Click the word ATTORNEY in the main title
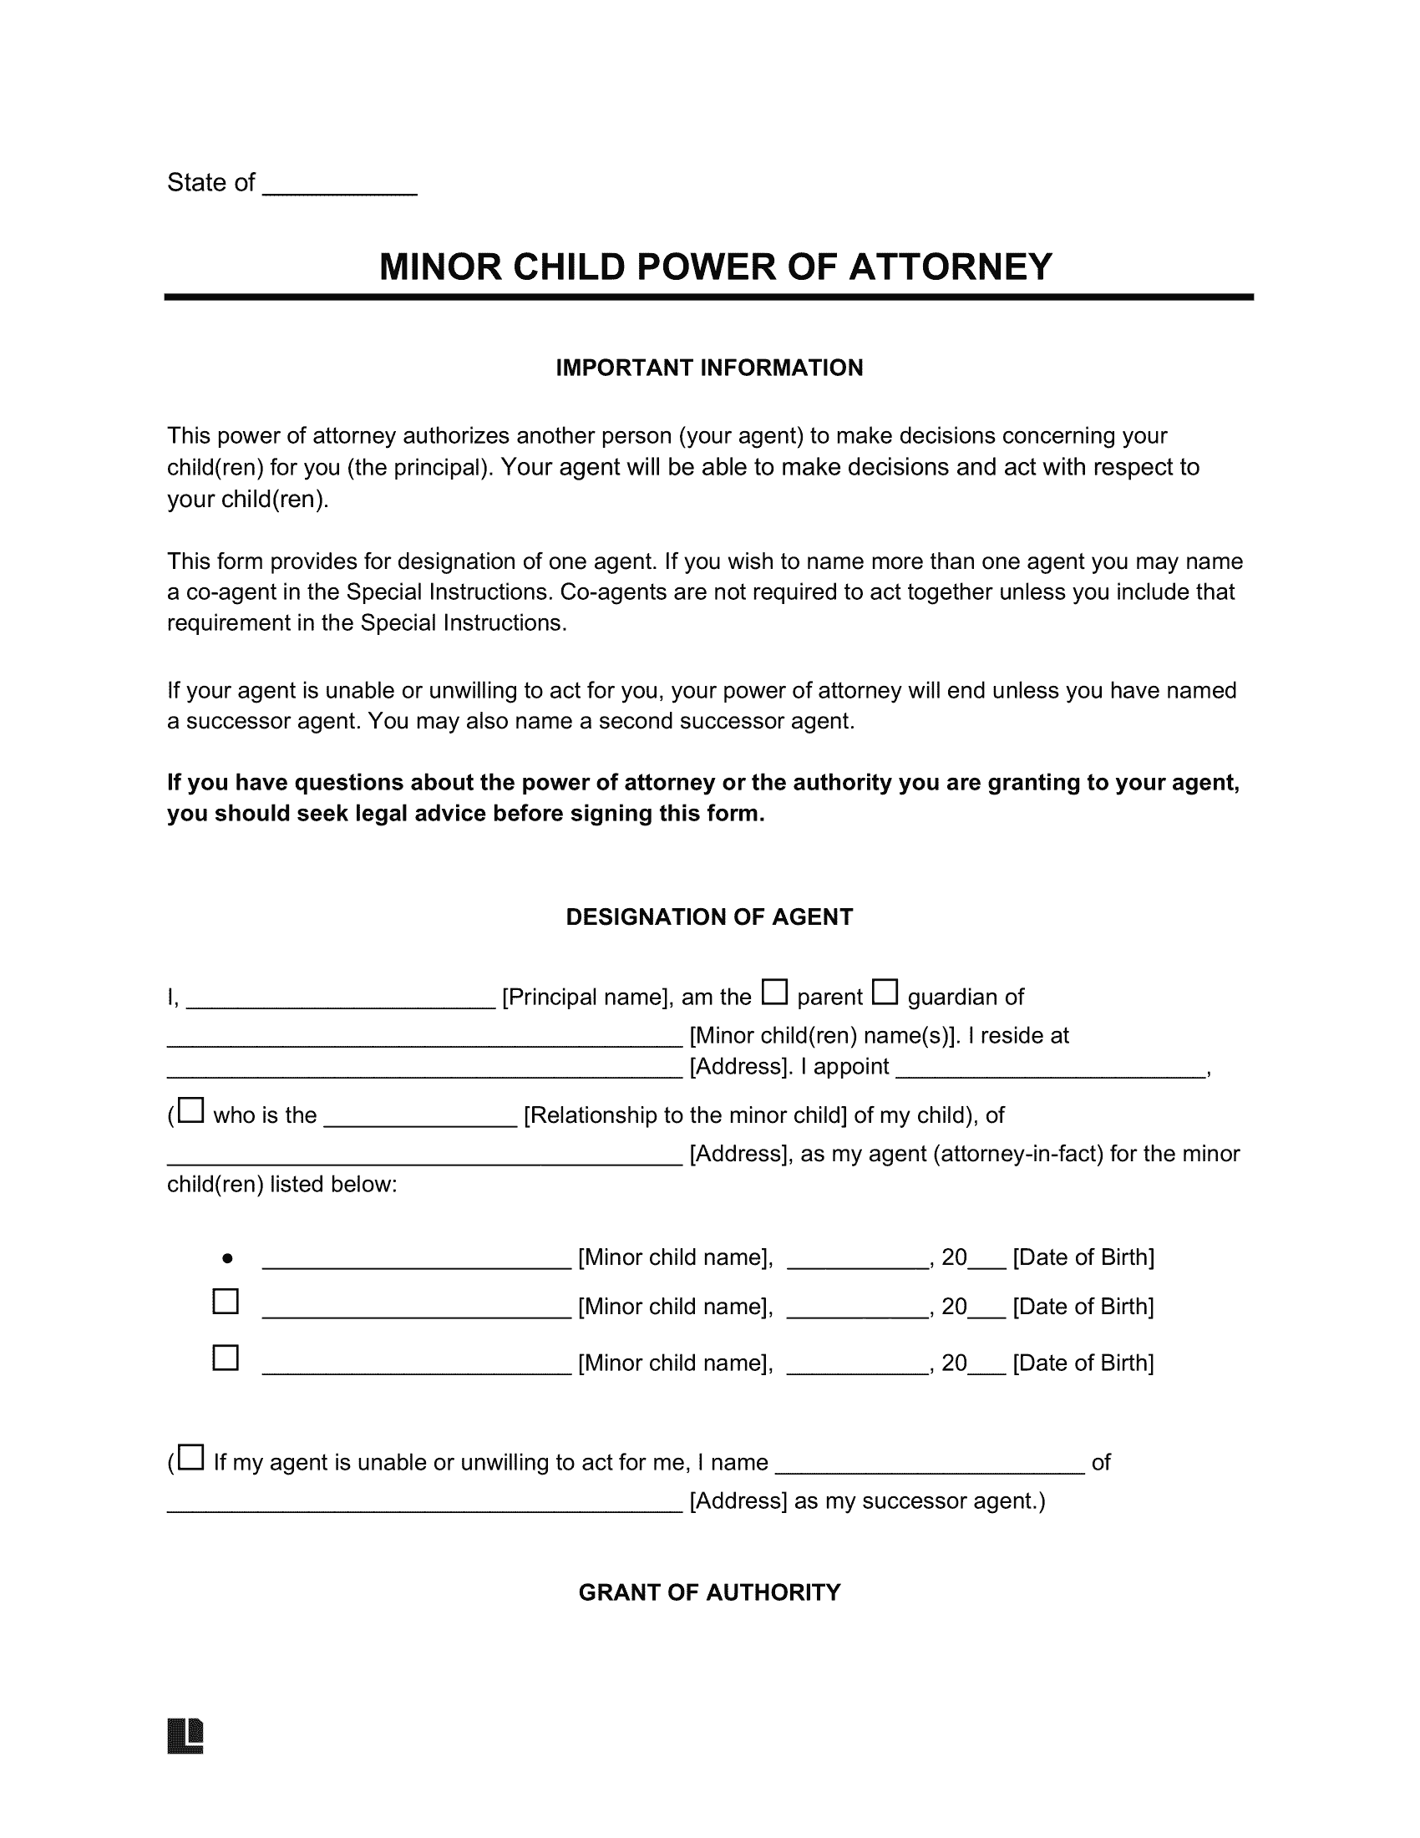(x=950, y=267)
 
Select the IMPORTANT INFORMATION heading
(x=709, y=368)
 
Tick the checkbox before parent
(x=774, y=993)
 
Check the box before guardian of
(x=884, y=993)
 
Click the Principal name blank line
(x=340, y=1000)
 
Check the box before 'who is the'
(x=191, y=1111)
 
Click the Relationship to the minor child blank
(x=420, y=1120)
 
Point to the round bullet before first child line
(x=227, y=1259)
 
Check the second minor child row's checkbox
(x=226, y=1302)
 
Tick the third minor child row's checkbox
(x=226, y=1358)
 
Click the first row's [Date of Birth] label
(x=1083, y=1257)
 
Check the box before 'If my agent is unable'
(x=191, y=1458)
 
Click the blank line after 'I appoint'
(x=1050, y=1070)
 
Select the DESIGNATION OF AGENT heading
(x=709, y=917)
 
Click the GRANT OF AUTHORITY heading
(x=709, y=1592)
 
